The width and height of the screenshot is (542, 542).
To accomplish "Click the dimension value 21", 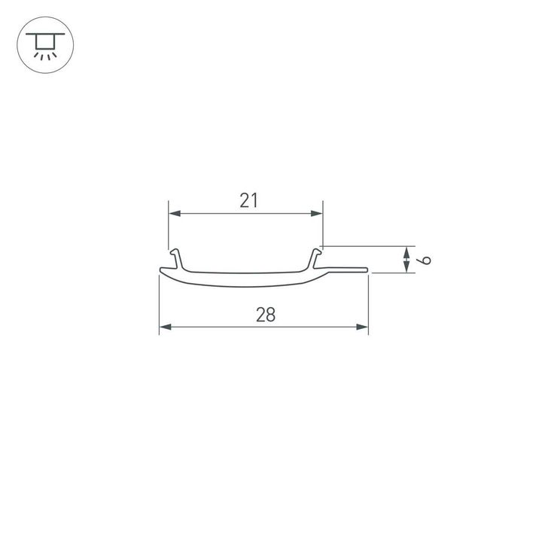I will pos(249,200).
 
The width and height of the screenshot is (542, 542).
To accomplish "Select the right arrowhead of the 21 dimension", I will pos(317,215).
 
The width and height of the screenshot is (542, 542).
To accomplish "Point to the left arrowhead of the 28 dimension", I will pos(165,327).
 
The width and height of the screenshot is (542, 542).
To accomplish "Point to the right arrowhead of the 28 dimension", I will pos(363,327).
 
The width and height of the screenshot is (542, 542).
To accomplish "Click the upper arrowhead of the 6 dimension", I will pos(406,251).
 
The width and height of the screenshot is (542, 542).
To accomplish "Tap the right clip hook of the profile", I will pos(316,257).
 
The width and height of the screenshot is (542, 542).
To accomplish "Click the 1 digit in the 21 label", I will pos(255,200).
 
